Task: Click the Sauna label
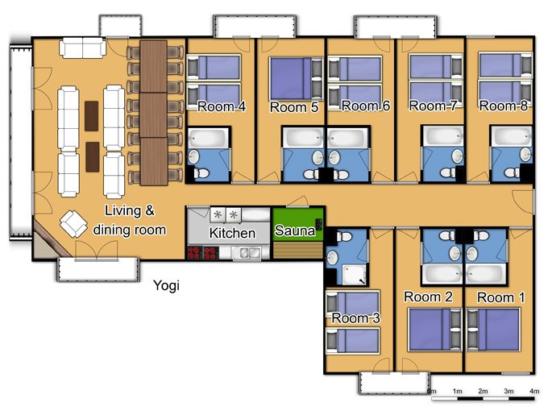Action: point(295,230)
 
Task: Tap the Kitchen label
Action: point(232,233)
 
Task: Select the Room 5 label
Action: point(294,107)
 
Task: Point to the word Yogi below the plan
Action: point(166,285)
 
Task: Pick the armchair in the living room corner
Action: point(73,224)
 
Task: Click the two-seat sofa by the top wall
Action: point(82,48)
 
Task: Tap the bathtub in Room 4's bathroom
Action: point(207,138)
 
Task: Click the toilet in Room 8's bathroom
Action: point(513,172)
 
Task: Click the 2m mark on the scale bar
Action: point(483,391)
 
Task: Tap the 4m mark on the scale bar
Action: point(534,391)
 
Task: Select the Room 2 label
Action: point(428,297)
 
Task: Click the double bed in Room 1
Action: point(493,330)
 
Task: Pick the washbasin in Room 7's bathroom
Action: point(458,156)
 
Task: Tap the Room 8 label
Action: point(503,106)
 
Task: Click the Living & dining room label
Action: point(130,220)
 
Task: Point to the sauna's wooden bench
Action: point(297,251)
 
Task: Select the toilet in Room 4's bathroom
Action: point(202,172)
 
